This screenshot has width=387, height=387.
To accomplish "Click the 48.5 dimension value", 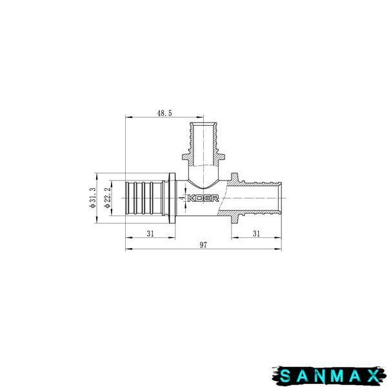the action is click(164, 113).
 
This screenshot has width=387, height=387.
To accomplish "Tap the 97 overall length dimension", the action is click(203, 245).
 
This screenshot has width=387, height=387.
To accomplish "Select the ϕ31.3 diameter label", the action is click(93, 197).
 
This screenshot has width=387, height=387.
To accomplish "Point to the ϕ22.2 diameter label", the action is click(108, 198).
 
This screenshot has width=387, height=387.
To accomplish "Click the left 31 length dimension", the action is click(150, 233).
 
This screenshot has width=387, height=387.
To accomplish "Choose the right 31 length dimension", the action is click(257, 233).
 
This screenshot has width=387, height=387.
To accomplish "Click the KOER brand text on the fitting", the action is click(203, 198).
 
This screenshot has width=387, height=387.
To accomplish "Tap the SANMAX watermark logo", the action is click(330, 376).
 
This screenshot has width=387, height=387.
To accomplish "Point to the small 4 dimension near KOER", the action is click(183, 198).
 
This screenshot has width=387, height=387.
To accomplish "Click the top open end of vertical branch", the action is click(203, 123).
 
